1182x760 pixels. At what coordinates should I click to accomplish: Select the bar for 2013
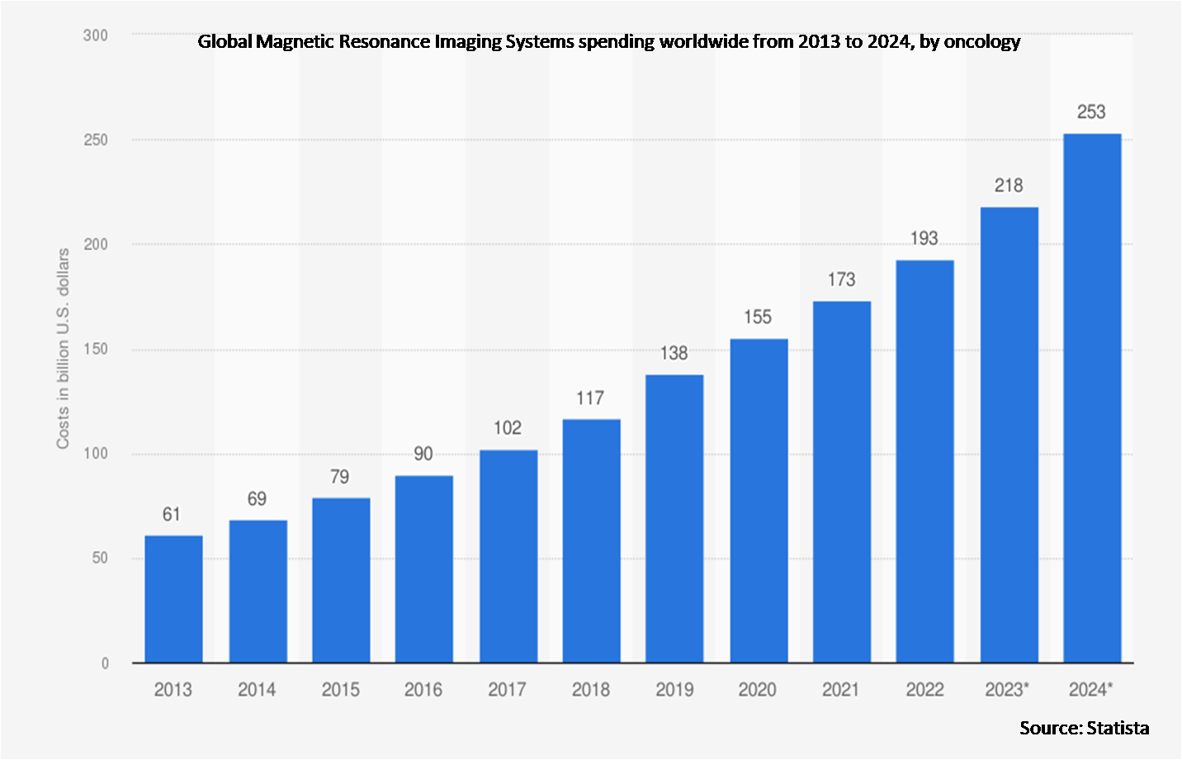(173, 599)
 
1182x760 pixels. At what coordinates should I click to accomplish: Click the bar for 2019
(674, 518)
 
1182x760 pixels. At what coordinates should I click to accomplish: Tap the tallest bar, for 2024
(1092, 398)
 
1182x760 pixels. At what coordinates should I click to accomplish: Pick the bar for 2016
(423, 569)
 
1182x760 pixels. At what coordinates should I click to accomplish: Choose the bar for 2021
(841, 482)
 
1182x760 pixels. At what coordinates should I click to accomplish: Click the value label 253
(1091, 112)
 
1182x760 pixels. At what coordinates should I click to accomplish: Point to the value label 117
(590, 399)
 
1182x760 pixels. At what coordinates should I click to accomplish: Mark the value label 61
(172, 515)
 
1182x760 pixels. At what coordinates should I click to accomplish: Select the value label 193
(924, 238)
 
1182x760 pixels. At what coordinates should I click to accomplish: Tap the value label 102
(508, 428)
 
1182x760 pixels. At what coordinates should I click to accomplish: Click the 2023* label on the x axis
(1007, 690)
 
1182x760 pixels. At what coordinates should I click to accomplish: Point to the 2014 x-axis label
(257, 690)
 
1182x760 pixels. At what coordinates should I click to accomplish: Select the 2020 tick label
(757, 690)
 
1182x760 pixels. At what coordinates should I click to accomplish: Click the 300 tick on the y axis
(96, 35)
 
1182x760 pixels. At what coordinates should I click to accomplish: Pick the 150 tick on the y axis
(96, 349)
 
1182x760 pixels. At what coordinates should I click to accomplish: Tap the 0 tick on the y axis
(105, 663)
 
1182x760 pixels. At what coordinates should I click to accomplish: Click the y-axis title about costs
(63, 349)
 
